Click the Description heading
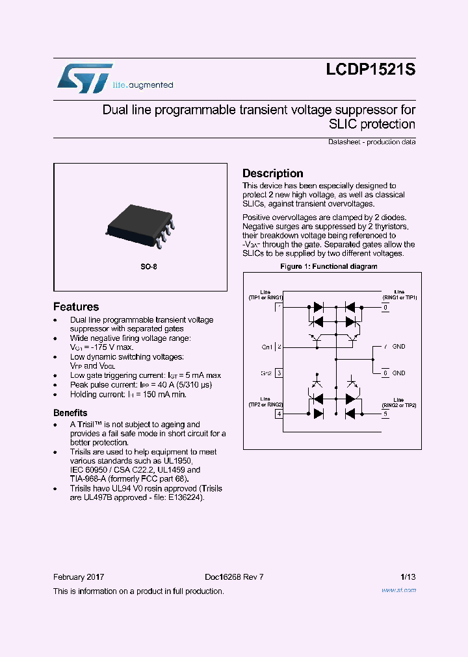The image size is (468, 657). (272, 173)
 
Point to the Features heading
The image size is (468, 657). (76, 307)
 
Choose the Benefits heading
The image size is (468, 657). (70, 413)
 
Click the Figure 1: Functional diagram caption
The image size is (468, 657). (328, 267)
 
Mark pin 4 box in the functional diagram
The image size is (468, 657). (279, 414)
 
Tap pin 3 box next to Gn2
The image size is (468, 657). (279, 373)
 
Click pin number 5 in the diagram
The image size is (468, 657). (385, 414)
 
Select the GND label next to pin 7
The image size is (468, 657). (398, 347)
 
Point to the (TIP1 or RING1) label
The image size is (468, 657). (265, 297)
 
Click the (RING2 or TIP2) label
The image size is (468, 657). (399, 404)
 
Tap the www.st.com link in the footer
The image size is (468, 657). (398, 590)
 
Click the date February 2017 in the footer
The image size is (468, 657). (79, 577)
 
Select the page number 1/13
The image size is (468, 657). (408, 577)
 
